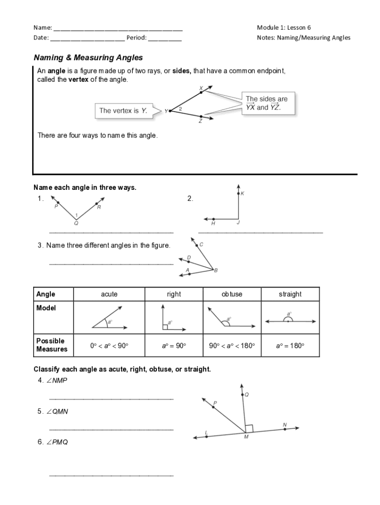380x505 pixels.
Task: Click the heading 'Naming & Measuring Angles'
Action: pyautogui.click(x=88, y=58)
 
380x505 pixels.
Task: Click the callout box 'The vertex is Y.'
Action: pyautogui.click(x=123, y=111)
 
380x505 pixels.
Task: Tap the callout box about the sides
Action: pyautogui.click(x=266, y=103)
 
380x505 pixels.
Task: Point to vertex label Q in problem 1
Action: pyautogui.click(x=76, y=223)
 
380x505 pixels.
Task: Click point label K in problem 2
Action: pyautogui.click(x=242, y=194)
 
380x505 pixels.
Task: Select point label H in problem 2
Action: pyautogui.click(x=213, y=223)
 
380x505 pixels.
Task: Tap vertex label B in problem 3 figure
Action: pyautogui.click(x=216, y=270)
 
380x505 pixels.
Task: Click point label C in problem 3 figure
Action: pyautogui.click(x=201, y=245)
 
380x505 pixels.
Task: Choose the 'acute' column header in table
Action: pyautogui.click(x=109, y=294)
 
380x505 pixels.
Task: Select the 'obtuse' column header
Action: pyautogui.click(x=232, y=294)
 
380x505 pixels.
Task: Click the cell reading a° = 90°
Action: pyautogui.click(x=174, y=346)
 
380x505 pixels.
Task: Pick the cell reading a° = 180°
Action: pyautogui.click(x=290, y=346)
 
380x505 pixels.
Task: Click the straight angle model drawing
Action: pyautogui.click(x=290, y=319)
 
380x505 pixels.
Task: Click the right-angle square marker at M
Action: pyautogui.click(x=249, y=428)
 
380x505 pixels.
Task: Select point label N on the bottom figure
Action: pyautogui.click(x=285, y=424)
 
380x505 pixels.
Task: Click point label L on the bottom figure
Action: pyautogui.click(x=206, y=433)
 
